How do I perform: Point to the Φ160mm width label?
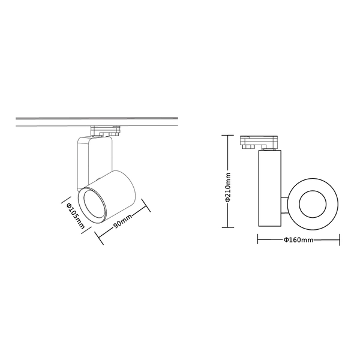click(x=299, y=241)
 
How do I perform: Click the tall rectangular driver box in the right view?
click(x=269, y=189)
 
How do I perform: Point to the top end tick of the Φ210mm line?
click(x=226, y=136)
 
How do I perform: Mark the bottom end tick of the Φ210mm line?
click(x=226, y=227)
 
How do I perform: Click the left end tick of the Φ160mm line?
click(x=257, y=240)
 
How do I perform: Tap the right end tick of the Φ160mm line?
click(x=340, y=240)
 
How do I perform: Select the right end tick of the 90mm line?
click(x=148, y=209)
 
